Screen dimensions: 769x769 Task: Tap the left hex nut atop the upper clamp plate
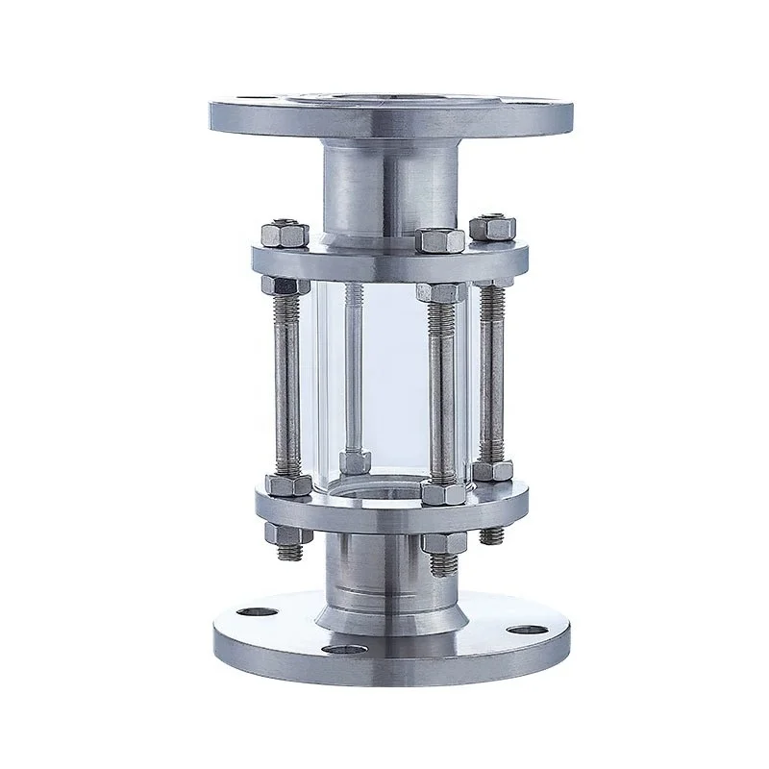(284, 234)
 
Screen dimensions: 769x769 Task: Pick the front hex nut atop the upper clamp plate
(440, 240)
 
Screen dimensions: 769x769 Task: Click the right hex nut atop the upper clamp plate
(493, 228)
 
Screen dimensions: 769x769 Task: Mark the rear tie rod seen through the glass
(353, 365)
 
